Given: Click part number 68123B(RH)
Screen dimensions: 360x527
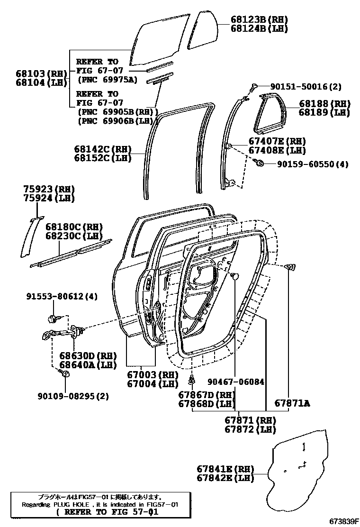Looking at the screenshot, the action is point(259,19).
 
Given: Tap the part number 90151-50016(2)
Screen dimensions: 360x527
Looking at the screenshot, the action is point(312,87).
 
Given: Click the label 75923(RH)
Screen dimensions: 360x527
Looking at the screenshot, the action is point(49,190).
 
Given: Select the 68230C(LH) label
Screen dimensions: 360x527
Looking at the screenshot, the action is point(74,236).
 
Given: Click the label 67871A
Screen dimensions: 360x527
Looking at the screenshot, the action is point(292,403).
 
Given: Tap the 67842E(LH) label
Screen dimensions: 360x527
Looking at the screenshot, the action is point(225,478).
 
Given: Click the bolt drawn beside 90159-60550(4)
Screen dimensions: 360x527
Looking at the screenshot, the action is point(259,164).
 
